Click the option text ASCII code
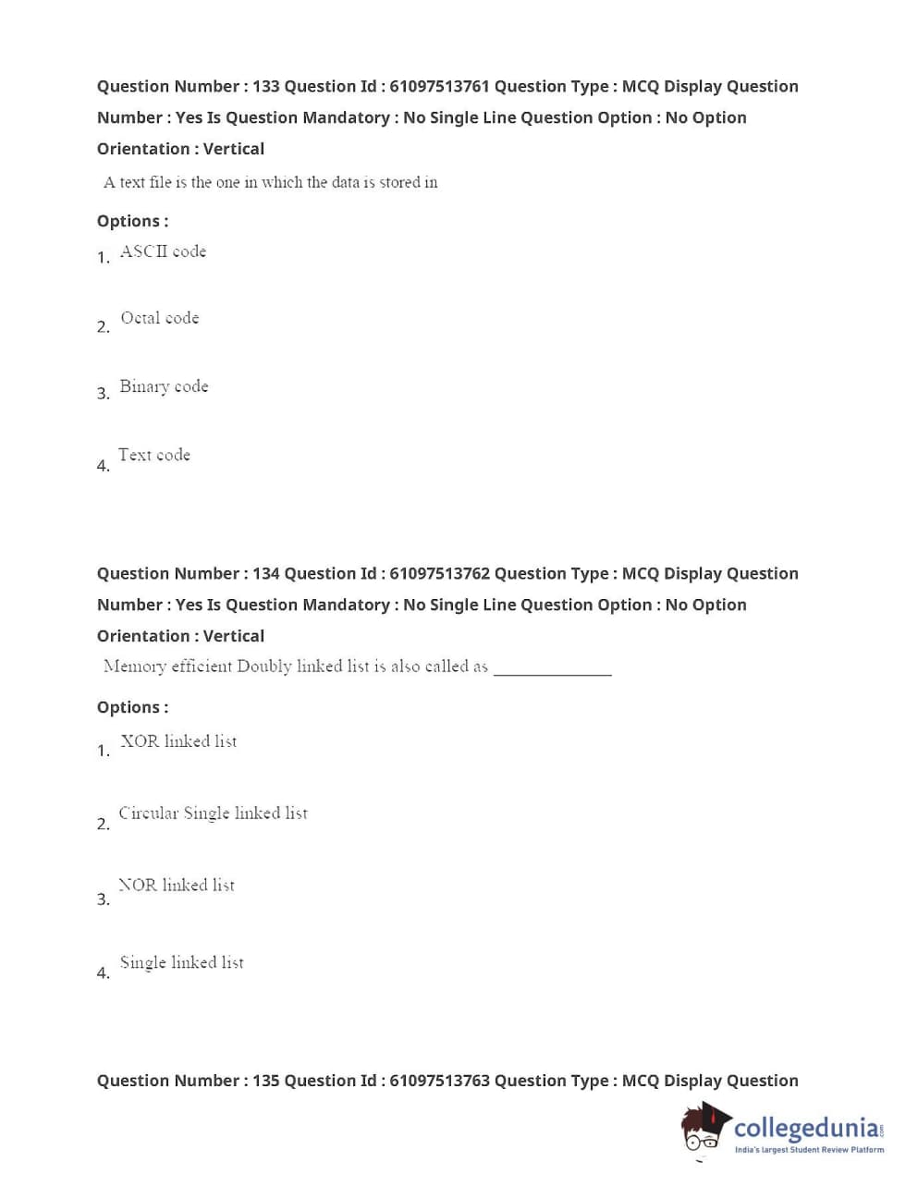point(163,251)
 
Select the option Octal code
point(160,318)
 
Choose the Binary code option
point(164,386)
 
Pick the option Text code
point(154,455)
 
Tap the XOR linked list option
point(178,741)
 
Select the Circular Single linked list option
point(213,813)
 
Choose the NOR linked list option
point(177,886)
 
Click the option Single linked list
point(182,962)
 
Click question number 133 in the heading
point(265,87)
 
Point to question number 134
point(265,574)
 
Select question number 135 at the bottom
point(265,1081)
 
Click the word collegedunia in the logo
point(806,1128)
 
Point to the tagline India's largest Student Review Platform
point(809,1150)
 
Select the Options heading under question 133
point(132,221)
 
